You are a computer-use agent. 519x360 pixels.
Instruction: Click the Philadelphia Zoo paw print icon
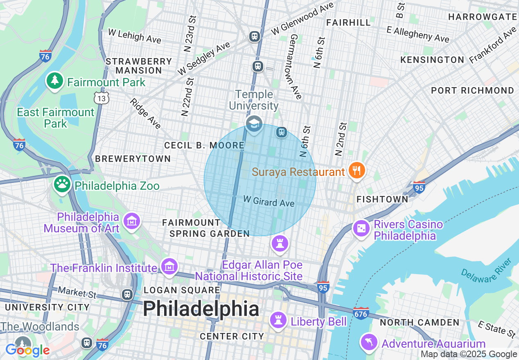pos(62,184)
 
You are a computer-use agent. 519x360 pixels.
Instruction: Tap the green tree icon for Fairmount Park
pos(54,80)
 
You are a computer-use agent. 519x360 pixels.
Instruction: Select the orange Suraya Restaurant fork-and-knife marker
pos(357,170)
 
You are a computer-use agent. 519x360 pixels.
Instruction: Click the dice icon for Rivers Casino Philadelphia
pos(362,228)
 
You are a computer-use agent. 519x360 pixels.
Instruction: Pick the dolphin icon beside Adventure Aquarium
pos(369,342)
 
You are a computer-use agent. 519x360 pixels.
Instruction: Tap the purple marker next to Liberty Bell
pos(279,320)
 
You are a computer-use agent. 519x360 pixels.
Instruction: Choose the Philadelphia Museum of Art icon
pos(132,221)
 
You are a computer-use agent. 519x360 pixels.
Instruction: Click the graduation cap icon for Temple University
pos(254,123)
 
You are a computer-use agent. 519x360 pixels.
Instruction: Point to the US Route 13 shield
pos(101,97)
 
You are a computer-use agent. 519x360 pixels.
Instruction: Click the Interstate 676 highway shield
pos(361,313)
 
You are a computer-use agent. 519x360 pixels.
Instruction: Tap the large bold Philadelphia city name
pos(201,309)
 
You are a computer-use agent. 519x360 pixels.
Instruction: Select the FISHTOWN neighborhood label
pos(382,199)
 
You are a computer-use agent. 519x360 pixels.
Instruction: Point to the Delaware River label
pos(487,270)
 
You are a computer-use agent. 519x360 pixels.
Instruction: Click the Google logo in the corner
pos(27,350)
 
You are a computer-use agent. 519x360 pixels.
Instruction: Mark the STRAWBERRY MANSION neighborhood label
pos(139,66)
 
